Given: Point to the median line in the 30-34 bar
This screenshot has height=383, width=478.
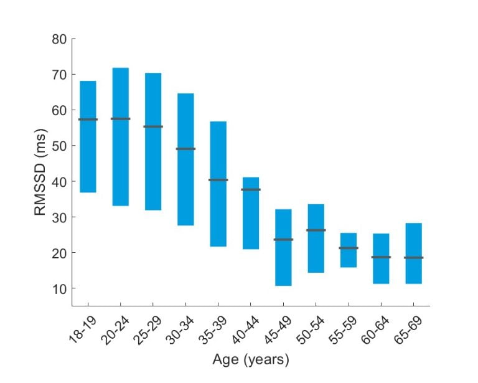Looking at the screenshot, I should pyautogui.click(x=185, y=149).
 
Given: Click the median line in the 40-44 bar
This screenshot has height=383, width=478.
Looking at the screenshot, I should pyautogui.click(x=251, y=189).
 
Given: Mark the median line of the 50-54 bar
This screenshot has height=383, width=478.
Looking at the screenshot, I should pyautogui.click(x=316, y=230).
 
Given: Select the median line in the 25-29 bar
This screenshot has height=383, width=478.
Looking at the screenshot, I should pyautogui.click(x=153, y=126).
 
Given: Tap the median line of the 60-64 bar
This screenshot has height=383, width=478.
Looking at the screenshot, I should pyautogui.click(x=381, y=257).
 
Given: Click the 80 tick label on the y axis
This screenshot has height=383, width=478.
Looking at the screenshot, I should pyautogui.click(x=59, y=39).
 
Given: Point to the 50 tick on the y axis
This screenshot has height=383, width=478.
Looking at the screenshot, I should pyautogui.click(x=59, y=146).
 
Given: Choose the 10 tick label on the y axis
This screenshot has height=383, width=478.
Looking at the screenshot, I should pyautogui.click(x=59, y=288).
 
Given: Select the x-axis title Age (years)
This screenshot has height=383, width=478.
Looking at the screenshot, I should pyautogui.click(x=251, y=360).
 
